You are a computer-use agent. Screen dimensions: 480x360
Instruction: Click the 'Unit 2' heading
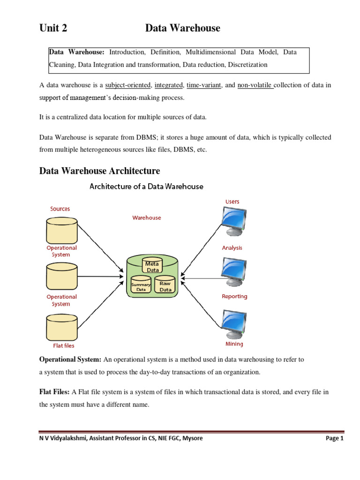[x=53, y=28]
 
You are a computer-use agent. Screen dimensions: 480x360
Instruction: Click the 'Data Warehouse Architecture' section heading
[x=99, y=171]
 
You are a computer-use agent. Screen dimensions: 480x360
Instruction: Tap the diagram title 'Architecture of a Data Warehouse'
[x=146, y=187]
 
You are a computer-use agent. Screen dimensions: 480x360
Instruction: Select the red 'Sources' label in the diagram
[x=60, y=209]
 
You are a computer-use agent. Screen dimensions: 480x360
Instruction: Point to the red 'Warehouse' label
[x=147, y=217]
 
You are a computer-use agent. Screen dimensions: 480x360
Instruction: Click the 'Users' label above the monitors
[x=232, y=202]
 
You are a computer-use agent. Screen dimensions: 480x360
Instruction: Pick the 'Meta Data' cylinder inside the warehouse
[x=152, y=266]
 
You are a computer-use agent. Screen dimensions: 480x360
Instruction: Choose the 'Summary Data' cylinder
[x=141, y=286]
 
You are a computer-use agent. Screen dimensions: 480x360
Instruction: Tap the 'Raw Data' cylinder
[x=165, y=285]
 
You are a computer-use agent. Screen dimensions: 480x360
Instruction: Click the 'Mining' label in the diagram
[x=234, y=344]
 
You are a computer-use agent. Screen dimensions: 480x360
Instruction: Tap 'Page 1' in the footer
[x=334, y=439]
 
